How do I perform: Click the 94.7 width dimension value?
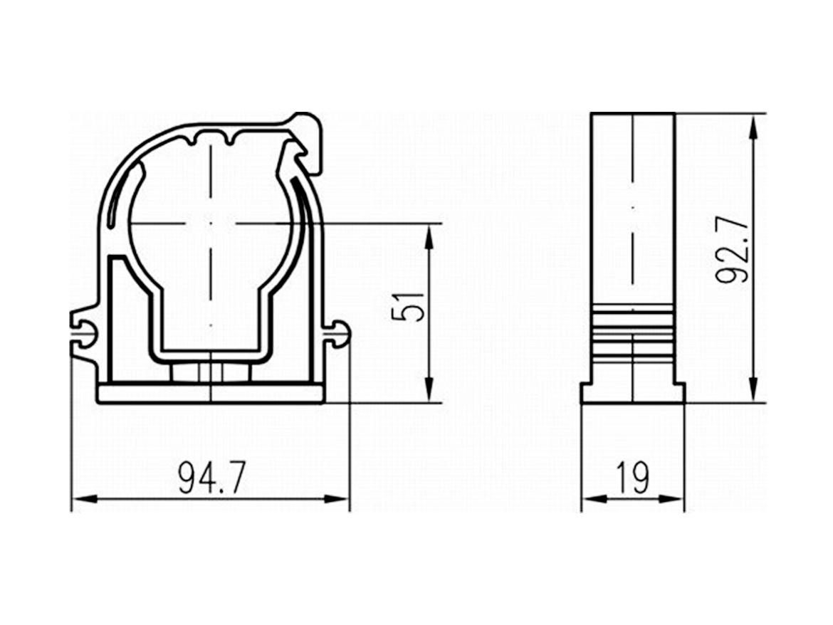(x=211, y=478)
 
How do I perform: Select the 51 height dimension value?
(x=408, y=307)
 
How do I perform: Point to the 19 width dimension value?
(x=633, y=478)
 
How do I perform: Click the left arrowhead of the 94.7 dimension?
(x=85, y=499)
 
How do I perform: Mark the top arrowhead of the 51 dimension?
(x=429, y=237)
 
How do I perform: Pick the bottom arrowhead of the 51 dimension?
(x=429, y=390)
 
